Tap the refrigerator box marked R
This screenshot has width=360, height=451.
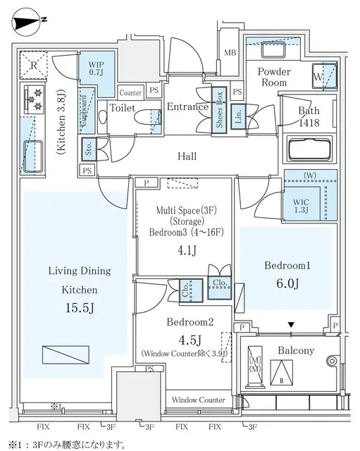33,66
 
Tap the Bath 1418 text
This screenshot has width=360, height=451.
308,117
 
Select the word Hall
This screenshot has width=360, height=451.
187,156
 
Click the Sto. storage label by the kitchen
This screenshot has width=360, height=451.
89,149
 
